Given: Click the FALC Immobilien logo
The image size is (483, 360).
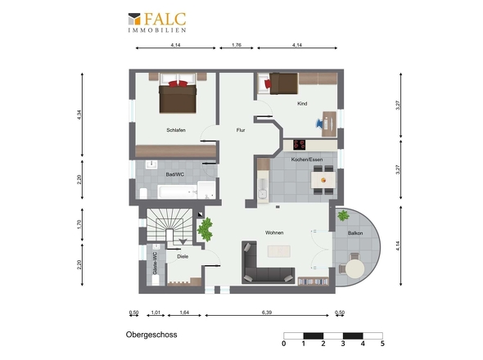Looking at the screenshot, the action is pos(157,22).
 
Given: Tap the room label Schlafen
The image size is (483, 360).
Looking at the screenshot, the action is pos(176,130).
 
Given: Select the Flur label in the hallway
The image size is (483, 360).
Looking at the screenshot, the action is pos(241,130).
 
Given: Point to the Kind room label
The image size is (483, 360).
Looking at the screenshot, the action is pos(302,103).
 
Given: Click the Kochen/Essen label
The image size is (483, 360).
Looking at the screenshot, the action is pos(307,160).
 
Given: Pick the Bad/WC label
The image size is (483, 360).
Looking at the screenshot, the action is pos(175,174).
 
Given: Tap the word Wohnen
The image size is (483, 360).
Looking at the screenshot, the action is pos(274,232).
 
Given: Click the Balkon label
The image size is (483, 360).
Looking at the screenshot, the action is pos(355,233).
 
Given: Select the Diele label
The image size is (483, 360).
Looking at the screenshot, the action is pos(183,256).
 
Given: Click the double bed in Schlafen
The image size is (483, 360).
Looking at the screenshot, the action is pos(178,93).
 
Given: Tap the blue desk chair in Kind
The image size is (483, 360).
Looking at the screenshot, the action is pos(319,124).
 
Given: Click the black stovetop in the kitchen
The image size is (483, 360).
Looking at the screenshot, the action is pos(299,145).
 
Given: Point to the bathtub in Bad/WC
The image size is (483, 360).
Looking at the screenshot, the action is pos(177,191).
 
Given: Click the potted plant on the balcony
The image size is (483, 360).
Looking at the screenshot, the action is pos(343,215).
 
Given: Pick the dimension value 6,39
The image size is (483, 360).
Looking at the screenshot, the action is pos(267,313).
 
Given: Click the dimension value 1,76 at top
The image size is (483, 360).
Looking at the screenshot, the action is pos(237,45).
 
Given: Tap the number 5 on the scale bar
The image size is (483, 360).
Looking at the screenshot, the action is pos(382,344).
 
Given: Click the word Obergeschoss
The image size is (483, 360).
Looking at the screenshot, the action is pos(151,335).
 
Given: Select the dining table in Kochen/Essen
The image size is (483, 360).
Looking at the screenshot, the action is pos(323,180).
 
